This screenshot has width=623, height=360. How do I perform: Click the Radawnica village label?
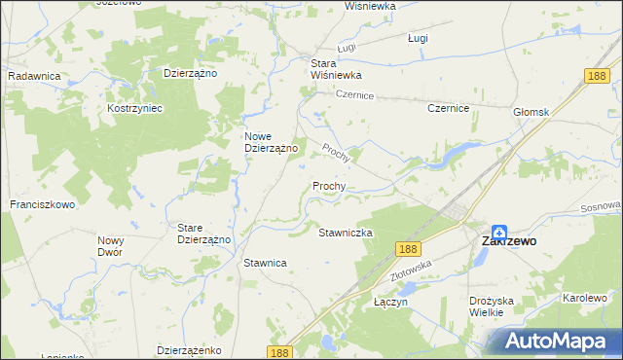click(x=34, y=75)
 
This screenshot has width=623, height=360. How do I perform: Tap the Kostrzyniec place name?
click(x=134, y=108)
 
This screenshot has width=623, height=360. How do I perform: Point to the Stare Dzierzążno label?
click(x=203, y=234)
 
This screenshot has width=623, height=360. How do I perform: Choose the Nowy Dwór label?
click(x=111, y=245)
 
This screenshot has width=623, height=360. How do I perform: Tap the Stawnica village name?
click(x=265, y=263)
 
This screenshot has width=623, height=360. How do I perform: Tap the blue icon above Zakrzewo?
click(x=498, y=233)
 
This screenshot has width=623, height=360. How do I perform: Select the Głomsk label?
click(x=532, y=112)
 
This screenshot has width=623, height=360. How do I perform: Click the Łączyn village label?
click(x=390, y=302)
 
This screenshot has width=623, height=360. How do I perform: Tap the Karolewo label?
click(x=584, y=298)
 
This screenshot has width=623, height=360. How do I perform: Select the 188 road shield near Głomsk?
click(x=598, y=76)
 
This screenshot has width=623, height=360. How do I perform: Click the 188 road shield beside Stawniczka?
click(x=407, y=250)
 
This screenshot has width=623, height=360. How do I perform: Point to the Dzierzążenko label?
click(x=190, y=348)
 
